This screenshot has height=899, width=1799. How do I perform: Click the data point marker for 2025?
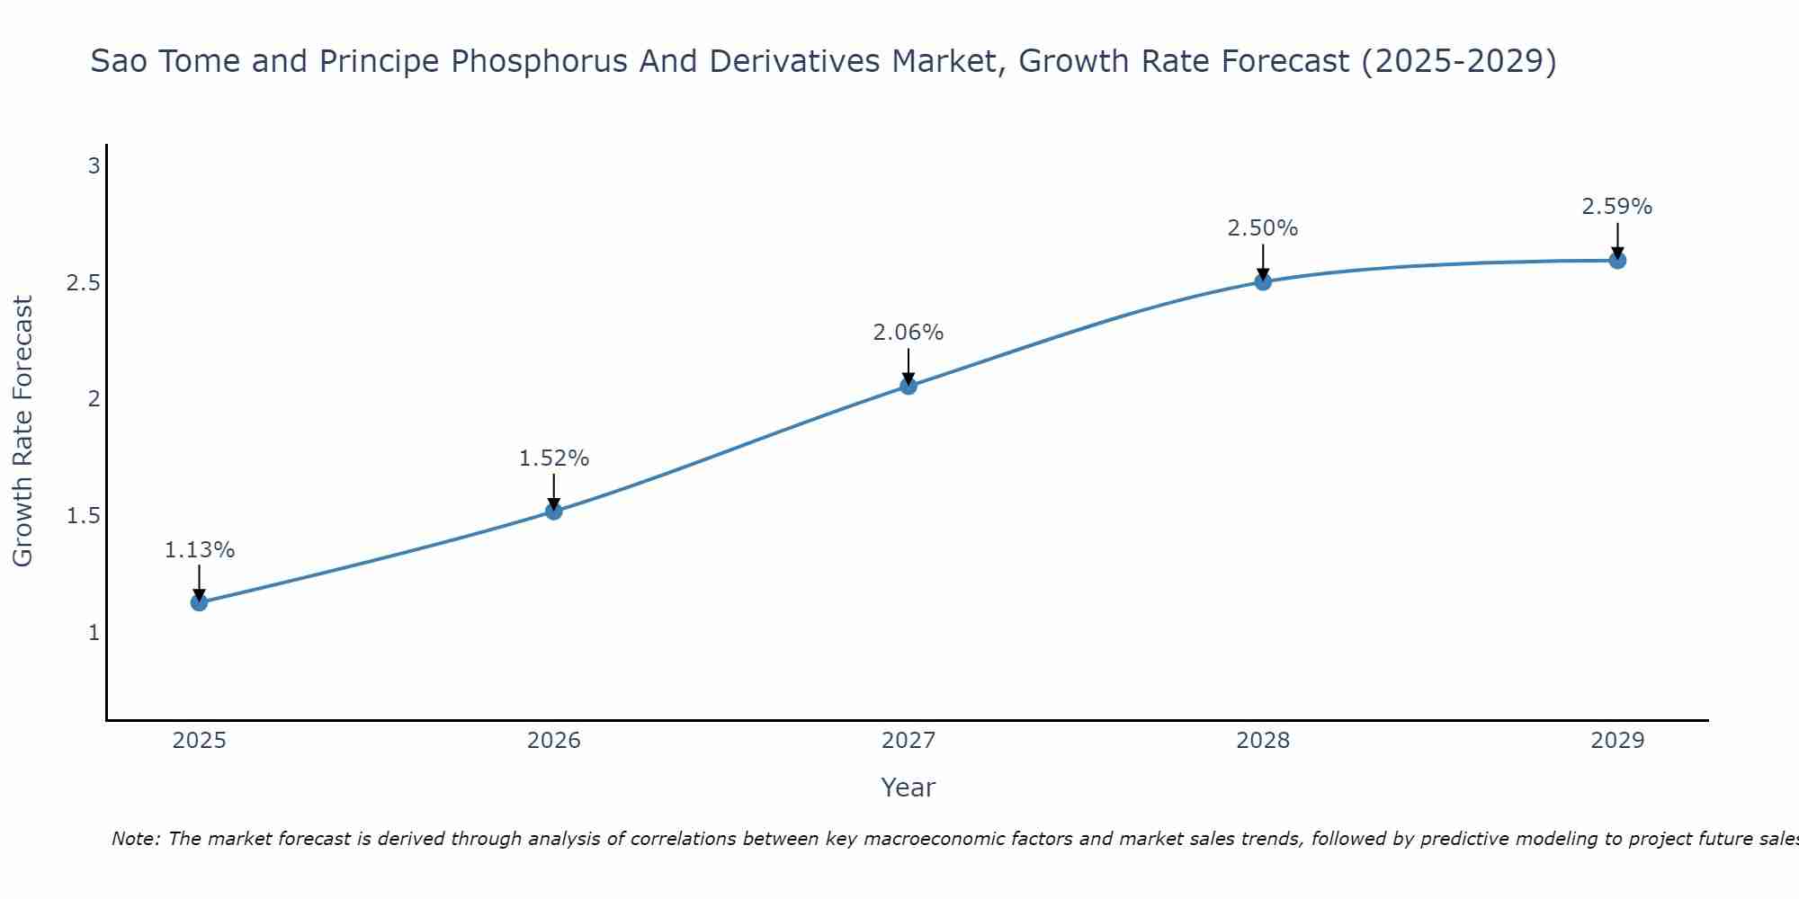point(200,602)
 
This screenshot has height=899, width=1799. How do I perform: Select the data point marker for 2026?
point(554,512)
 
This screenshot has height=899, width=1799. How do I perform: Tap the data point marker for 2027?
point(908,387)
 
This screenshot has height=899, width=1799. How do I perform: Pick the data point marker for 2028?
point(1263,282)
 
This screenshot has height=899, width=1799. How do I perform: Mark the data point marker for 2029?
point(1617,261)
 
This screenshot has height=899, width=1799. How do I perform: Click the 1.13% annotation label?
point(200,550)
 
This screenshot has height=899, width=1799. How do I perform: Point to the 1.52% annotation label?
point(554,458)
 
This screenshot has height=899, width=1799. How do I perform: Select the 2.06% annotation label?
point(908,333)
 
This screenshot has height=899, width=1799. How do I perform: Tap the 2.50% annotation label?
point(1263,228)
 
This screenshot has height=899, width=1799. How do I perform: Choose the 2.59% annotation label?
point(1617,207)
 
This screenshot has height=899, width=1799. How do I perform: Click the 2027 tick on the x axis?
point(908,741)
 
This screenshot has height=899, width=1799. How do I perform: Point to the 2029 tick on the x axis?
point(1617,741)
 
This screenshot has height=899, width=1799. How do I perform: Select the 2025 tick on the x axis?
point(200,741)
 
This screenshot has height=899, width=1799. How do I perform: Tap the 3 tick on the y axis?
point(94,166)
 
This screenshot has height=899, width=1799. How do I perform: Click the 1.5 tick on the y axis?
point(83,516)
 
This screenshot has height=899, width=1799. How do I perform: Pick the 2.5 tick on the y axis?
point(83,283)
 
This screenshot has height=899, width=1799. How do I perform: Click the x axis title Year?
point(908,788)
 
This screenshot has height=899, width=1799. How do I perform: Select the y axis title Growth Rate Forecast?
point(23,432)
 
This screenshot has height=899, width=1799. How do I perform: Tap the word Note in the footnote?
point(134,839)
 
